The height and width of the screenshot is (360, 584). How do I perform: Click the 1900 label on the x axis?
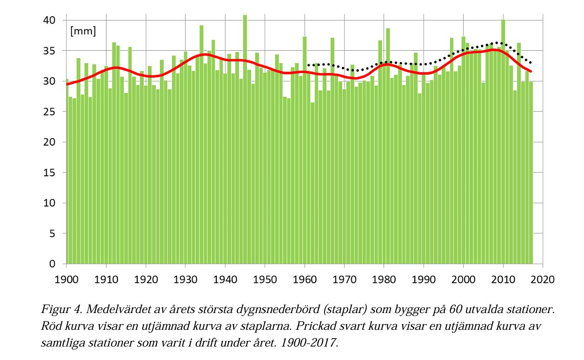coord(66,280)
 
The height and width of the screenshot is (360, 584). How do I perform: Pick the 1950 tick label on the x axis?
coord(265,280)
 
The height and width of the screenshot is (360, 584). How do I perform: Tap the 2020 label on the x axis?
coord(543,280)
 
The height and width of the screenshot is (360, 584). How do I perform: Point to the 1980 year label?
coord(384,280)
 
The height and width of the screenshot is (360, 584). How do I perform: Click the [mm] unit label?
coord(83,32)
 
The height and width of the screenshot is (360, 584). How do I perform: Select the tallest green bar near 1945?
coord(245,140)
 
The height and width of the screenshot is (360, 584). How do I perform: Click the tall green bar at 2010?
coord(503,140)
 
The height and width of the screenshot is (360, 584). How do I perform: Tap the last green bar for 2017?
coord(531,172)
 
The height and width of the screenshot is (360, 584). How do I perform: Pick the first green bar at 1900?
coord(67,172)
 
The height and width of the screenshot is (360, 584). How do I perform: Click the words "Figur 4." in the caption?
coord(58,310)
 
